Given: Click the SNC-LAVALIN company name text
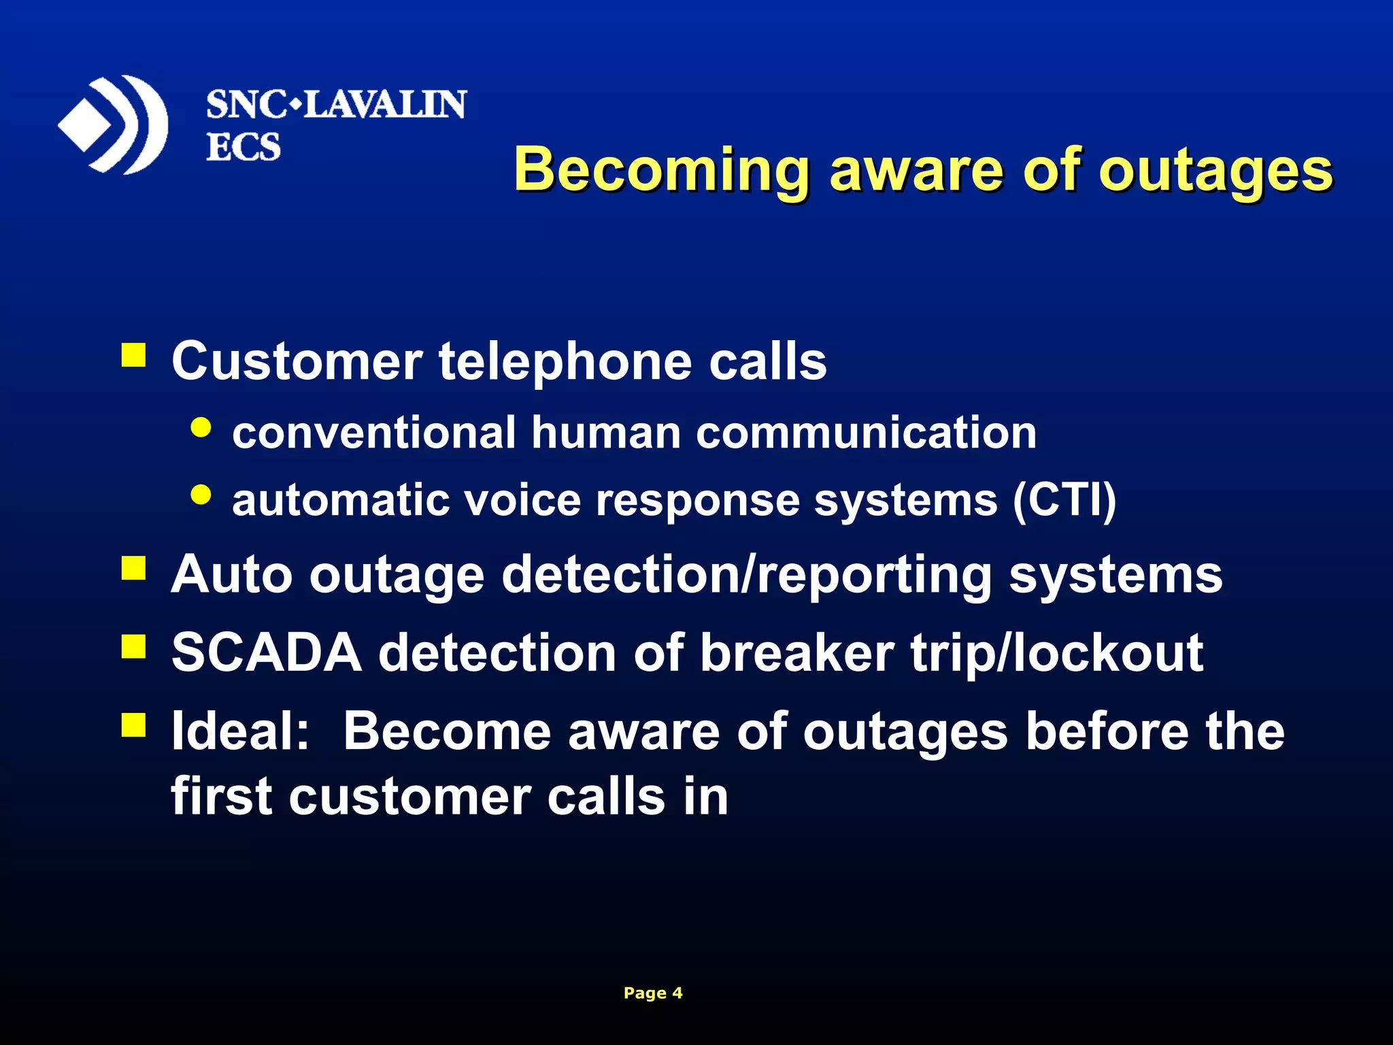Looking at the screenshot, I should click(x=336, y=105).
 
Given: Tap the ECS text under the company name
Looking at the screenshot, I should click(x=243, y=147).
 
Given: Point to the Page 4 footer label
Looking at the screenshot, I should click(x=652, y=993).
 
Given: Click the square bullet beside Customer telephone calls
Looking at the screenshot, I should click(x=134, y=355).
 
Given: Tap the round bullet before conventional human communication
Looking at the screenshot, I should click(x=201, y=427).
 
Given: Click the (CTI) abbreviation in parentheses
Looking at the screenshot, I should click(x=1064, y=501).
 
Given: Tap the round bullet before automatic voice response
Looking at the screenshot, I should click(x=201, y=495).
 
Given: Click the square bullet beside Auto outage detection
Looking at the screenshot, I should click(x=134, y=569).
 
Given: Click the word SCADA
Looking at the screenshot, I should click(x=267, y=653).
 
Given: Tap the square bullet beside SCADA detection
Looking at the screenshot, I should click(x=134, y=647).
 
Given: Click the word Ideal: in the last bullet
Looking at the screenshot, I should click(x=241, y=731).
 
